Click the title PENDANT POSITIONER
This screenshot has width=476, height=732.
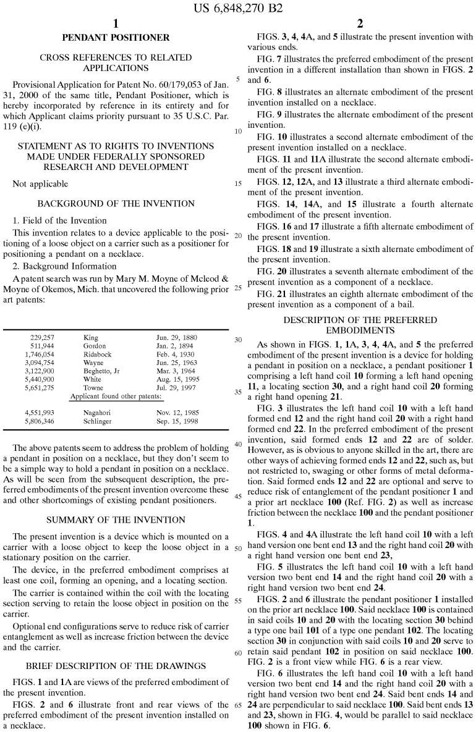116,38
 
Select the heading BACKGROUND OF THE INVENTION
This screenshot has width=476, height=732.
116,203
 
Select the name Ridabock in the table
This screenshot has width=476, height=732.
98,355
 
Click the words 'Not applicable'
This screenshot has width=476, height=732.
40,184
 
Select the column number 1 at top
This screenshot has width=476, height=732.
115,23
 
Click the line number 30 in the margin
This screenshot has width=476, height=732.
238,340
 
